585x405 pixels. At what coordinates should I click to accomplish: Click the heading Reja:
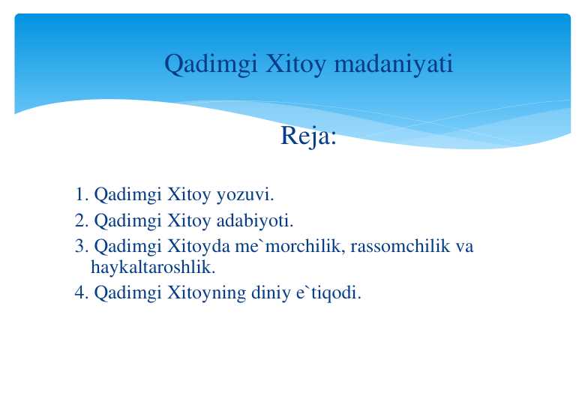tap(308, 136)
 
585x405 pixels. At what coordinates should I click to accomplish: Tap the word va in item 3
tap(464, 247)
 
